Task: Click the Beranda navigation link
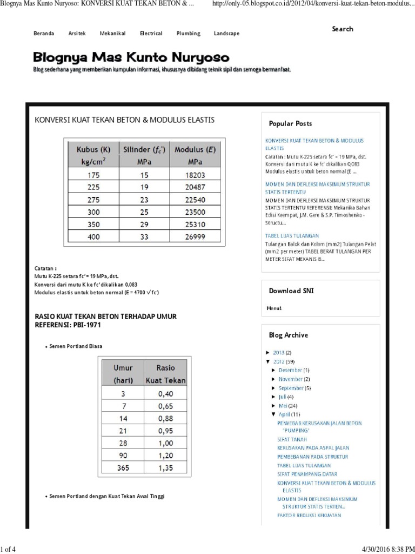pyautogui.click(x=44, y=34)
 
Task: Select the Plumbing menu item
pyautogui.click(x=188, y=34)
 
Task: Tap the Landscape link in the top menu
pyautogui.click(x=226, y=34)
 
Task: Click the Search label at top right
pyautogui.click(x=343, y=29)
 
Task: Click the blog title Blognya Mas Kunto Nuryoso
pyautogui.click(x=131, y=57)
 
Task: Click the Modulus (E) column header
pyautogui.click(x=195, y=155)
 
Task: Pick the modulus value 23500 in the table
pyautogui.click(x=195, y=213)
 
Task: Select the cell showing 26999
pyautogui.click(x=195, y=236)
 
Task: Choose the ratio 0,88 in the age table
pyautogui.click(x=166, y=418)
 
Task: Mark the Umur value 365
pyautogui.click(x=123, y=468)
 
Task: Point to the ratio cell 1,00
pyautogui.click(x=166, y=443)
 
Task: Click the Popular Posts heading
pyautogui.click(x=290, y=123)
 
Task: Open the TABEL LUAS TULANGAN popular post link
pyautogui.click(x=292, y=236)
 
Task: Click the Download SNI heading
pyautogui.click(x=291, y=291)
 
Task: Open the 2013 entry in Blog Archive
pyautogui.click(x=278, y=353)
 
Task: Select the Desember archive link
pyautogui.click(x=290, y=370)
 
